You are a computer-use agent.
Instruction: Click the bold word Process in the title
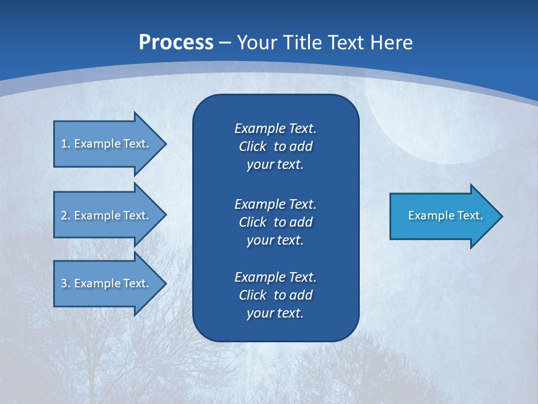[x=176, y=42]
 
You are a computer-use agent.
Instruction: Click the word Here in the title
[x=391, y=42]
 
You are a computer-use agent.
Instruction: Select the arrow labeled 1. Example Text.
[x=106, y=144]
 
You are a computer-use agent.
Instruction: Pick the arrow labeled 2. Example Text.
[x=106, y=215]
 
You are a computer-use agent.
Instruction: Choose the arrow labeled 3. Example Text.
[x=106, y=283]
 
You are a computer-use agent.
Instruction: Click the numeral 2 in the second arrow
[x=64, y=215]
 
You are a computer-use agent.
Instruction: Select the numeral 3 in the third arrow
[x=64, y=283]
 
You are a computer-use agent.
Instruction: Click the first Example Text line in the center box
[x=275, y=128]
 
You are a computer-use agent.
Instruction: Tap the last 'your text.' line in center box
[x=275, y=313]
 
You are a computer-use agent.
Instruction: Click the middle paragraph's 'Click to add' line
[x=275, y=222]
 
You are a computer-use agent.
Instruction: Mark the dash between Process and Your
[x=225, y=43]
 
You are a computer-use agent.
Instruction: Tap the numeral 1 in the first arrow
[x=63, y=144]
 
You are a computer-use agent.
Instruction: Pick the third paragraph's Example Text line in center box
[x=275, y=277]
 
